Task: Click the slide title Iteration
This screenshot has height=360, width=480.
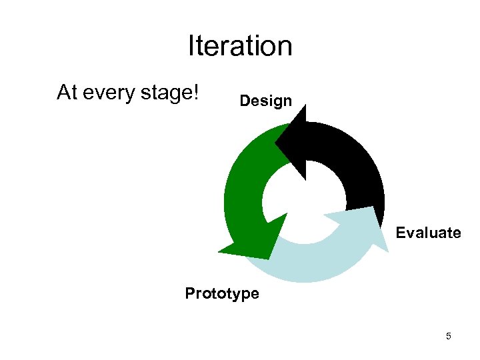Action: [x=240, y=46]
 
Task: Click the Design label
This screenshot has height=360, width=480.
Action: [x=265, y=101]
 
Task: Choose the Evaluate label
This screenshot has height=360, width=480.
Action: [x=428, y=233]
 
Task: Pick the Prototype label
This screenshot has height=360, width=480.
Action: [x=222, y=293]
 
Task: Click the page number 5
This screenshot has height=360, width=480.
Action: [x=448, y=336]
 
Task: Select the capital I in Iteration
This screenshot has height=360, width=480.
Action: [x=191, y=46]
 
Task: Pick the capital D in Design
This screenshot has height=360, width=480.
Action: [x=244, y=101]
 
